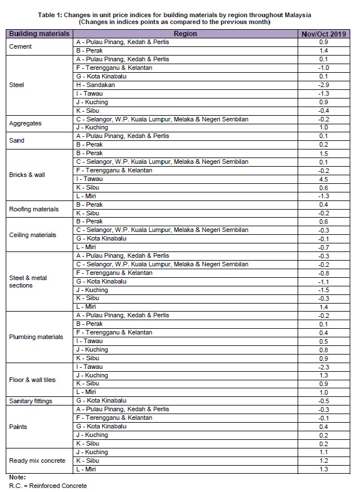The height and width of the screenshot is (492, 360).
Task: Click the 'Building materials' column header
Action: pyautogui.click(x=39, y=34)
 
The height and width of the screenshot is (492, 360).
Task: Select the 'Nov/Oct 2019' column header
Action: pyautogui.click(x=323, y=34)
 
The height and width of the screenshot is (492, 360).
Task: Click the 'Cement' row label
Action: pyautogui.click(x=21, y=46)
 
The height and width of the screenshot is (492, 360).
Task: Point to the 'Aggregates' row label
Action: pyautogui.click(x=26, y=123)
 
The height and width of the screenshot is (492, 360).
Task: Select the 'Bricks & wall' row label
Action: pyautogui.click(x=27, y=175)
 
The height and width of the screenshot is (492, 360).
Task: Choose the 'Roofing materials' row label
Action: pyautogui.click(x=34, y=209)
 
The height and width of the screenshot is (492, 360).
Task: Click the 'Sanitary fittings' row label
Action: pyautogui.click(x=32, y=401)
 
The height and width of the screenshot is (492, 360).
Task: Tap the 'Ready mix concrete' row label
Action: pyautogui.click(x=37, y=460)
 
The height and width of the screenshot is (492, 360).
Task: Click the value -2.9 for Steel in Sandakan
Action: pyautogui.click(x=323, y=85)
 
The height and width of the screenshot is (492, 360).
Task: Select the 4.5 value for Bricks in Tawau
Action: pyautogui.click(x=323, y=179)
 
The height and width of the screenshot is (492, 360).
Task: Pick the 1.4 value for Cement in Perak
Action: pyautogui.click(x=323, y=51)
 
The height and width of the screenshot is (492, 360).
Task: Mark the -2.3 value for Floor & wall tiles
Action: pyautogui.click(x=323, y=367)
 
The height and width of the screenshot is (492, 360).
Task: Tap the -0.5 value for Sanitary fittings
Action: pyautogui.click(x=323, y=401)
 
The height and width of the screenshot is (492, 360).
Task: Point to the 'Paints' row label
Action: pyautogui.click(x=18, y=427)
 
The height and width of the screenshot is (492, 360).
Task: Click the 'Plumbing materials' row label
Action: pyautogui.click(x=36, y=337)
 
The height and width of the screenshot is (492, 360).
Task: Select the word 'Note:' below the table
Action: pyautogui.click(x=18, y=477)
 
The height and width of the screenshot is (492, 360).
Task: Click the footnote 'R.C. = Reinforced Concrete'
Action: pyautogui.click(x=48, y=486)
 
